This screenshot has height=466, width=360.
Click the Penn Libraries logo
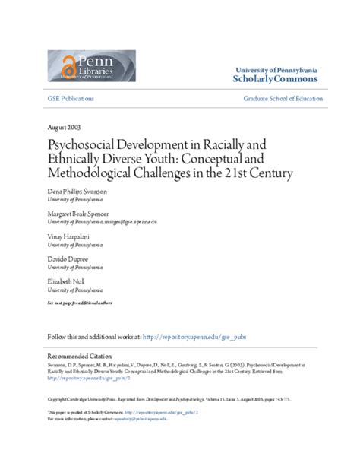point(92,67)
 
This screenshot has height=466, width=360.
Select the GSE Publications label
point(71,100)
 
